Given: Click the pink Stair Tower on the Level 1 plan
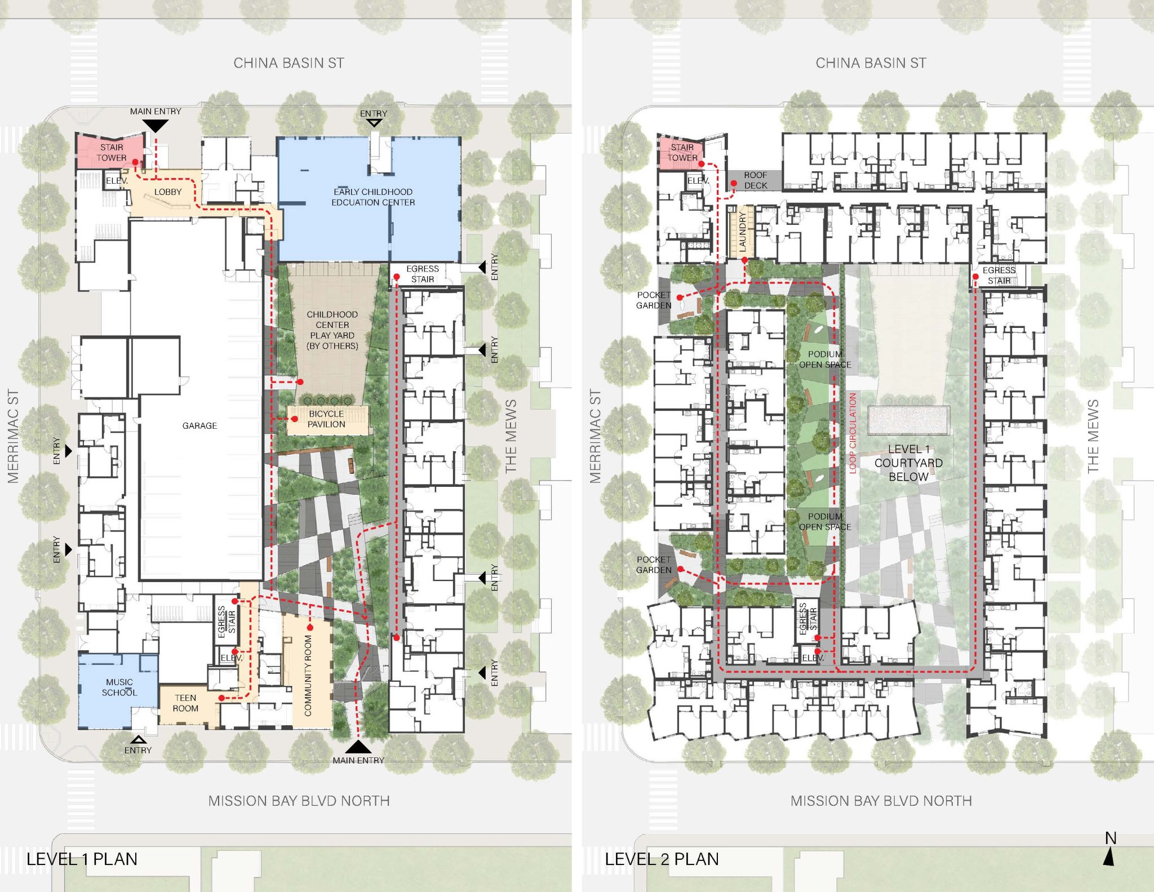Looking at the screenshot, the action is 110,151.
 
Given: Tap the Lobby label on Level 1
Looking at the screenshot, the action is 168,192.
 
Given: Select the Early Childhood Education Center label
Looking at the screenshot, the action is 373,197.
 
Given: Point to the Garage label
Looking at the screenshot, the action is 199,425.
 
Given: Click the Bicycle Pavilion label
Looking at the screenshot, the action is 326,419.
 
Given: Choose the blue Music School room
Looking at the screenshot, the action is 118,690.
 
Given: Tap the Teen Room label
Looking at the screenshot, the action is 185,703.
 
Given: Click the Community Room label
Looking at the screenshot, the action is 308,676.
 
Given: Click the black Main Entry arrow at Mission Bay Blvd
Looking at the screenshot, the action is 358,747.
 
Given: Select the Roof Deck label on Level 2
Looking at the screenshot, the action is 756,180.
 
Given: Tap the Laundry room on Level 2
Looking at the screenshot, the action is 742,232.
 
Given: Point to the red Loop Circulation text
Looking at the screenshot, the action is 853,433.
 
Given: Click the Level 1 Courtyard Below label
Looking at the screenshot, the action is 908,463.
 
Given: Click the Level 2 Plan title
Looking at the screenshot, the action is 662,859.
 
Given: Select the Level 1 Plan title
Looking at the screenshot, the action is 82,859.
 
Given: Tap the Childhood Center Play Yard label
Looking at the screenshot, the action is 332,330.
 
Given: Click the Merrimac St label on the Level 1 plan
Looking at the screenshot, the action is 13,436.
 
